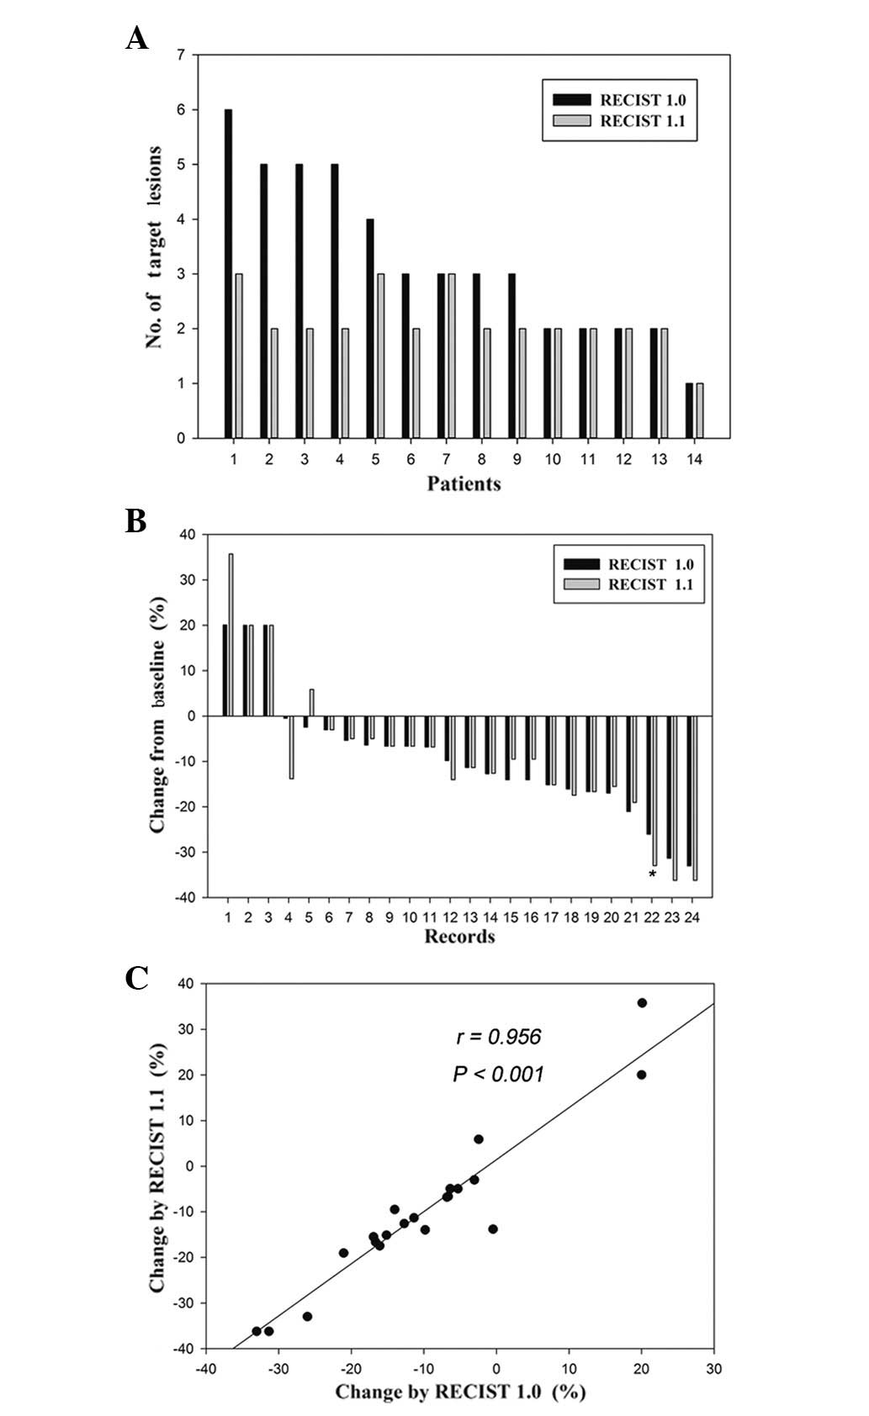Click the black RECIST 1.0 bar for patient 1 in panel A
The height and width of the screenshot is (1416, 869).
[x=228, y=273]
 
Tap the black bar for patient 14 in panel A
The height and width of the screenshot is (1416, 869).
[x=690, y=410]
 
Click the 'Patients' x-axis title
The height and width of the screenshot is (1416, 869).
[x=464, y=483]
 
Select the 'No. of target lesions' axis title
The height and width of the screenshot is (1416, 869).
[x=154, y=247]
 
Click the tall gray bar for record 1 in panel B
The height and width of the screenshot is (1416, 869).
[x=231, y=634]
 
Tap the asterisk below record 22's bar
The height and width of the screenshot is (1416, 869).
[x=652, y=874]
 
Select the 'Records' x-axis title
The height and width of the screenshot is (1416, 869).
[x=459, y=937]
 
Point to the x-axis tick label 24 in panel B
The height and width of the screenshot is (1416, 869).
[x=692, y=917]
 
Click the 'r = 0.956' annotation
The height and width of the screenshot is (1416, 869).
[x=499, y=1037]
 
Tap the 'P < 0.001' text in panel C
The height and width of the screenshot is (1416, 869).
[x=499, y=1074]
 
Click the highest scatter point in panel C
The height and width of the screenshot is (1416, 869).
[x=642, y=1003]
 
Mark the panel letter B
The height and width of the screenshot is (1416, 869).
[x=135, y=522]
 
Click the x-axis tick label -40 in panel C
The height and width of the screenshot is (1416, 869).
[x=204, y=1369]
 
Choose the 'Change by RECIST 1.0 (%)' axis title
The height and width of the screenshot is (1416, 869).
[x=460, y=1392]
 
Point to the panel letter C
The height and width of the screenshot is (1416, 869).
[x=136, y=978]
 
